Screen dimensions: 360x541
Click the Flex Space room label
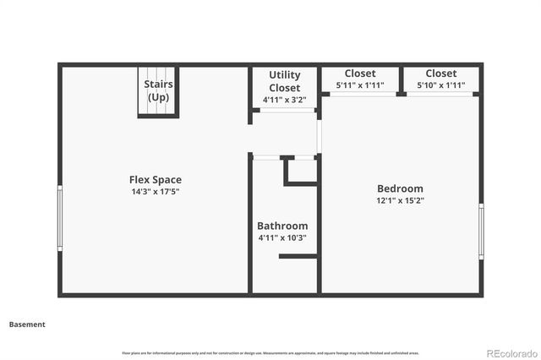point(155,179)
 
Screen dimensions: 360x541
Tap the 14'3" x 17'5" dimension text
point(155,192)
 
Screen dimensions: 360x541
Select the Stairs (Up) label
point(157,90)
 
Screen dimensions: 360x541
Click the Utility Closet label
point(284,81)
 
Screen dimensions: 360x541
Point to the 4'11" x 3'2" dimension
point(284,100)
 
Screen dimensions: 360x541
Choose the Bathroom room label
point(282,226)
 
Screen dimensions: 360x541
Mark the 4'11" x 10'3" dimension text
point(282,238)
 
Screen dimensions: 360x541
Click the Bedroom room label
point(400,188)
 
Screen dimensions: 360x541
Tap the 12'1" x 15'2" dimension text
point(400,201)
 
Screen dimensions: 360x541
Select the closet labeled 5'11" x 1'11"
point(360,79)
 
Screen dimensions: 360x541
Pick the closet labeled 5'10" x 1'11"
point(440,79)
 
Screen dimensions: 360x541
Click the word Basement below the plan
point(27,324)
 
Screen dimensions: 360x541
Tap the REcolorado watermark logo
point(510,352)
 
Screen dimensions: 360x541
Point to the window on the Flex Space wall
point(60,218)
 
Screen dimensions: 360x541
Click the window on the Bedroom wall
point(481,230)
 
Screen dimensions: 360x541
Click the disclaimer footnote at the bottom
point(270,352)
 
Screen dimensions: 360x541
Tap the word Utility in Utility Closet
point(284,75)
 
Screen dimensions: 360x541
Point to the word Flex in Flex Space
point(139,179)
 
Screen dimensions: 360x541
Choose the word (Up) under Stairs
point(158,97)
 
